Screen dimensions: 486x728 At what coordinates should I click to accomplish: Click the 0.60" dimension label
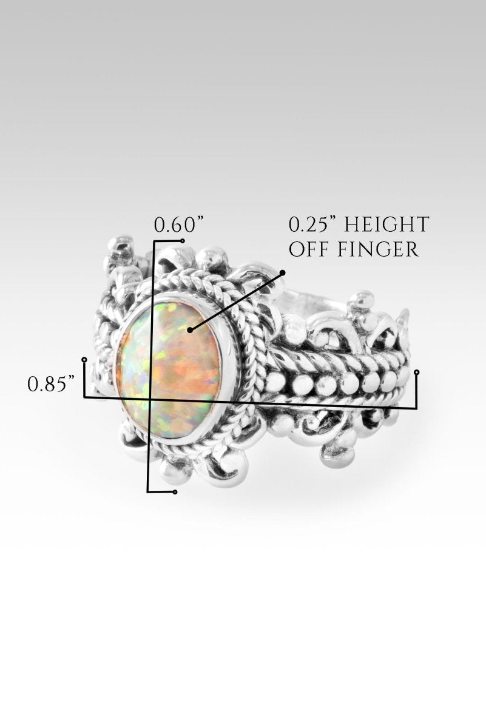(x=179, y=225)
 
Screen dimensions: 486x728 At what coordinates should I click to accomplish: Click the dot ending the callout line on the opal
(x=189, y=330)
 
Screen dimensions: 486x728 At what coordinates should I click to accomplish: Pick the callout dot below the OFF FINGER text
(x=283, y=272)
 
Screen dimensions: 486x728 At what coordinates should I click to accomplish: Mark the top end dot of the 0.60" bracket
(x=183, y=241)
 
